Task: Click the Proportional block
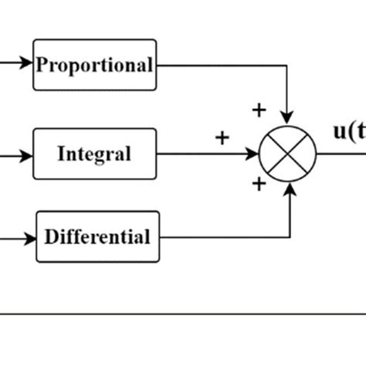tap(94, 65)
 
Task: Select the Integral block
tap(94, 153)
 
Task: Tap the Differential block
tap(97, 236)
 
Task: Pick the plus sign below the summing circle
tap(259, 184)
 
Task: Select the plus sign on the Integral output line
tap(222, 138)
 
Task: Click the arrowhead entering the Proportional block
tap(28, 65)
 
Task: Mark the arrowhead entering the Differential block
tap(31, 236)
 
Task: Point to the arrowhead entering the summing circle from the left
tap(253, 153)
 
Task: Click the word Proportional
tap(94, 66)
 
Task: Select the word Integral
tap(94, 154)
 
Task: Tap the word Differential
tap(97, 236)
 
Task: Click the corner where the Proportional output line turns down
tap(288, 65)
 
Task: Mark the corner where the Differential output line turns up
tap(289, 236)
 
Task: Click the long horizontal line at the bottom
tap(183, 313)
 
